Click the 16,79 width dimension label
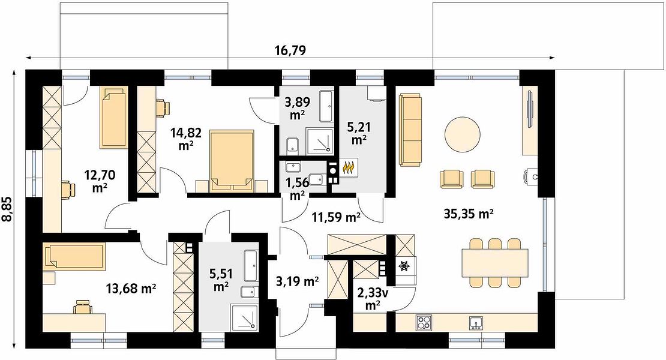pos(290,50)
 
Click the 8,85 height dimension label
pos(8,208)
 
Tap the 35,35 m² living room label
pos(469,214)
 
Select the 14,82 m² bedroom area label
pos(186,139)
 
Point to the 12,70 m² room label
pos(100,181)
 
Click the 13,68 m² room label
pos(131,289)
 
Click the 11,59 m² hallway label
pos(337,218)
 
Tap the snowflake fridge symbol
pos(403,266)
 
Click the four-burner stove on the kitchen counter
pos(424,322)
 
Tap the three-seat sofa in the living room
pos(411,130)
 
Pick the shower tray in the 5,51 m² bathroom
pos(245,317)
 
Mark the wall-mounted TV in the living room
pos(530,107)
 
